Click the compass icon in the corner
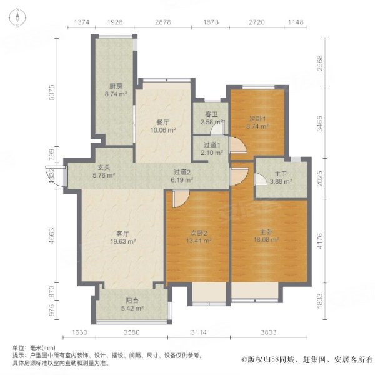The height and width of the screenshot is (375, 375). pyautogui.click(x=17, y=17)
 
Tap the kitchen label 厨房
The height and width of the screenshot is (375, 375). pyautogui.click(x=116, y=86)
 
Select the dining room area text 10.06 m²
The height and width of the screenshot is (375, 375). pyautogui.click(x=163, y=130)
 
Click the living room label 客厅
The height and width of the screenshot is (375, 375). pyautogui.click(x=122, y=233)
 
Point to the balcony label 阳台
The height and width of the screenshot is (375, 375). pyautogui.click(x=132, y=301)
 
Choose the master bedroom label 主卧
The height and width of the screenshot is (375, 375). pyautogui.click(x=266, y=232)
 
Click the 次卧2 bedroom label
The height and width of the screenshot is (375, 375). pyautogui.click(x=199, y=232)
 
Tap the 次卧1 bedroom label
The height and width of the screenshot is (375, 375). pyautogui.click(x=257, y=118)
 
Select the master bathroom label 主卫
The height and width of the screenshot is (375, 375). pyautogui.click(x=281, y=173)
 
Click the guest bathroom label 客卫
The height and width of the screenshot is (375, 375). pyautogui.click(x=212, y=114)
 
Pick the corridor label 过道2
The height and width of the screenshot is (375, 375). pyautogui.click(x=182, y=172)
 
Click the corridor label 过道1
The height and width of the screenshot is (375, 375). pyautogui.click(x=212, y=145)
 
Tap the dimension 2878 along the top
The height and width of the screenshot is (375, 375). pyautogui.click(x=163, y=22)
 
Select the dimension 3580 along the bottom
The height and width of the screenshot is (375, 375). pyautogui.click(x=131, y=332)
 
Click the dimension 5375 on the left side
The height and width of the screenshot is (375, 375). pyautogui.click(x=52, y=92)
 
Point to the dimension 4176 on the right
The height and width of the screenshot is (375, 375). pyautogui.click(x=319, y=241)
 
